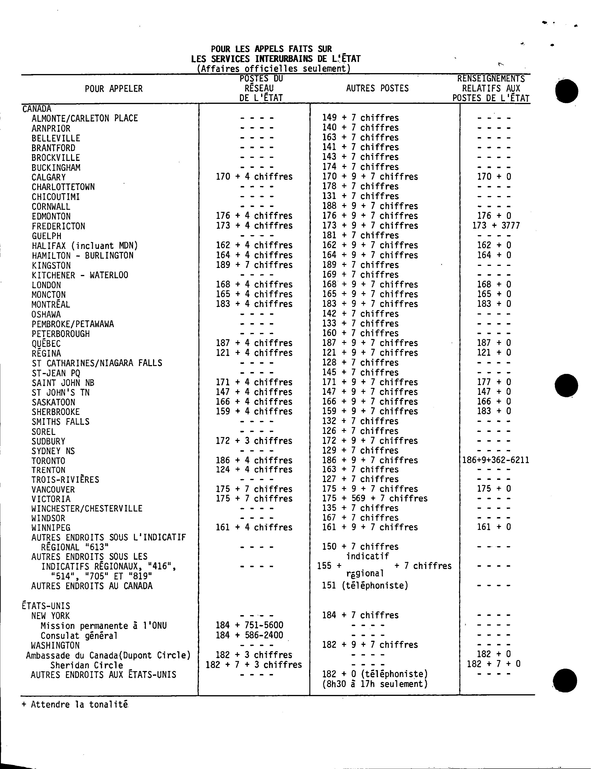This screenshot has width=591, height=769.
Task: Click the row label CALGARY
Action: [x=48, y=177]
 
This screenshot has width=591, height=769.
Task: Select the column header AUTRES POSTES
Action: [x=377, y=88]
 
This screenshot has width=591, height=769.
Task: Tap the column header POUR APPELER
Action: [x=114, y=89]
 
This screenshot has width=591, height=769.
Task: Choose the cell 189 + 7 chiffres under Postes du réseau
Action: [x=254, y=265]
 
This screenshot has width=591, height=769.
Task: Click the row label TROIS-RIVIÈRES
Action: [x=65, y=480]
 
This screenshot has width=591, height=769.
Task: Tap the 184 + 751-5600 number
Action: [x=249, y=625]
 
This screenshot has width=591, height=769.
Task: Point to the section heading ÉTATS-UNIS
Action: [x=46, y=606]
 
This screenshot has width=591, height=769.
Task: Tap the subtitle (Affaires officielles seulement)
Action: [x=274, y=69]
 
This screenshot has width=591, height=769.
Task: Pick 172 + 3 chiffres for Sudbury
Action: [x=254, y=440]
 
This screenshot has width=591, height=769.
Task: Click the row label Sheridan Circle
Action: [x=86, y=665]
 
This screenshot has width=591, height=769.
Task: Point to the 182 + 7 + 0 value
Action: [x=494, y=664]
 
